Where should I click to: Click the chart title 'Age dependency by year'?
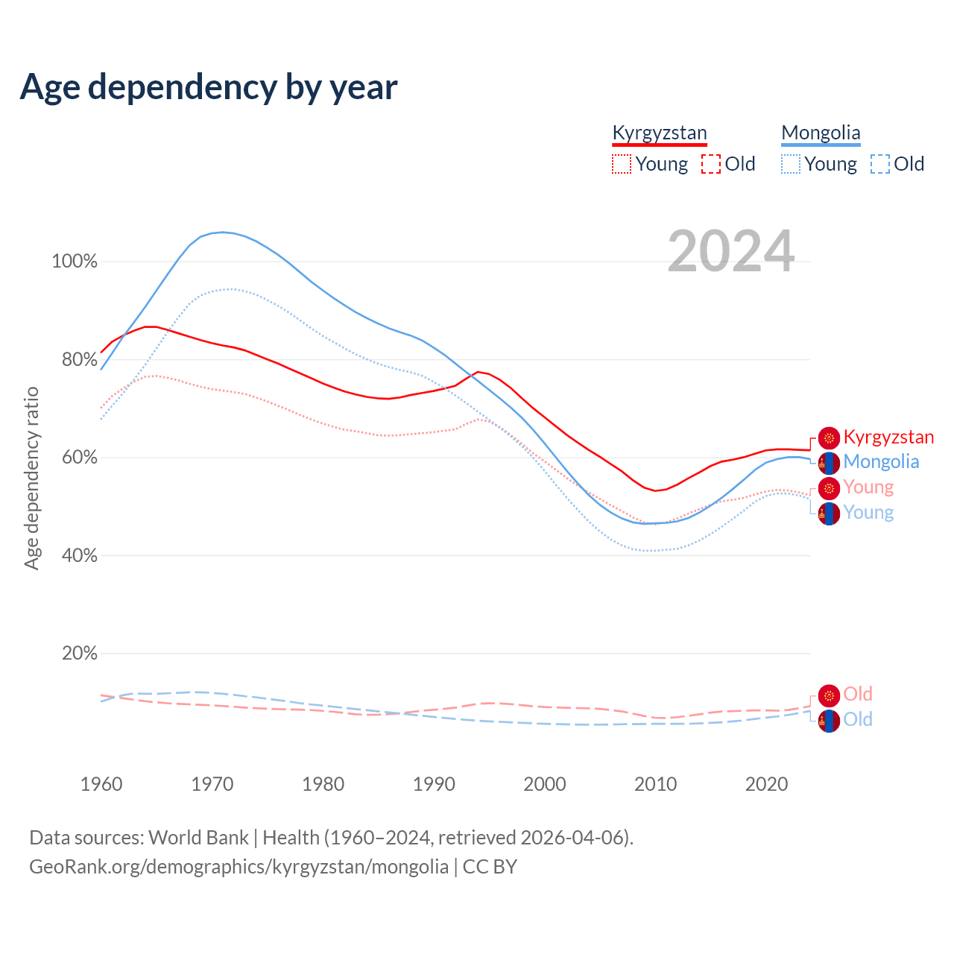(x=209, y=86)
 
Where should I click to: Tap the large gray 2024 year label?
(x=730, y=251)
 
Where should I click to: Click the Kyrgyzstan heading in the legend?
(x=659, y=133)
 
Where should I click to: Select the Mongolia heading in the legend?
(x=821, y=133)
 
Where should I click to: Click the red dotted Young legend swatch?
(x=621, y=164)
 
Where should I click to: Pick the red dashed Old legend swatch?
(x=711, y=164)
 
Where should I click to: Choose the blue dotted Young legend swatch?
(x=791, y=164)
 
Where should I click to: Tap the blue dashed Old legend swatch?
(x=880, y=164)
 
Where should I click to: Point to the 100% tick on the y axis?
(x=75, y=262)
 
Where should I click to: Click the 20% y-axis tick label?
(x=80, y=654)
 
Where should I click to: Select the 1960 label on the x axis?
(x=101, y=784)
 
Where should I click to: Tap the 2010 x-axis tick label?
(x=656, y=784)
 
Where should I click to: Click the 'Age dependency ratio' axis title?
(x=31, y=478)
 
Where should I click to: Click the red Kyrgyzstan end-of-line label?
(x=888, y=437)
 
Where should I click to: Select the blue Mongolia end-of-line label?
(x=881, y=462)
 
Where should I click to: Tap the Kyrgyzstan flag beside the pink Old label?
(x=829, y=695)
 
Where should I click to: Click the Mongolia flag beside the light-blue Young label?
(x=829, y=514)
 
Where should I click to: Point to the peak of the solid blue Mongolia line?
(x=223, y=232)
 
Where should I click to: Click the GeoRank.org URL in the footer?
(x=238, y=867)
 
